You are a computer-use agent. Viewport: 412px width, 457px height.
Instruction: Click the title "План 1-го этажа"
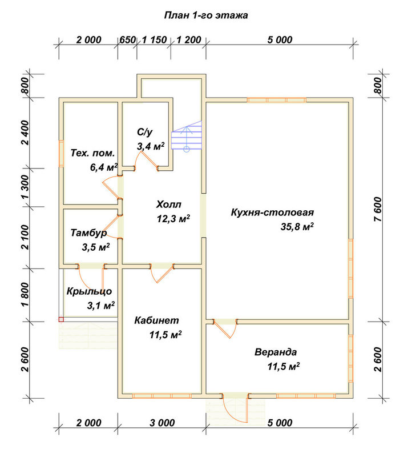[206, 15]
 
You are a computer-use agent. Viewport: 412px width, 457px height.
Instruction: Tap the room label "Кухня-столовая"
[272, 212]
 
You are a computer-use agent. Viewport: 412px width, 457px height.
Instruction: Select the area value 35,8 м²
[297, 226]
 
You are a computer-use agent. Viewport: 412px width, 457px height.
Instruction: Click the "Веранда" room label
[276, 352]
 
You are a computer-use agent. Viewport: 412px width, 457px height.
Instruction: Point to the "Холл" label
[168, 205]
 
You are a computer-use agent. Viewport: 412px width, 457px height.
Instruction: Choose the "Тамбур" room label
[88, 233]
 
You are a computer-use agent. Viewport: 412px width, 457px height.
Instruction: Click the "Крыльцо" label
[89, 291]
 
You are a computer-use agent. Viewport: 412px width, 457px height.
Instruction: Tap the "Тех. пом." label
[92, 153]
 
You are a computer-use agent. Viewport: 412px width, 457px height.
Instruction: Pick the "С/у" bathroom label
[145, 132]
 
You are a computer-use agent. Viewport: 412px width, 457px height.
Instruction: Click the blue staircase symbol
[187, 136]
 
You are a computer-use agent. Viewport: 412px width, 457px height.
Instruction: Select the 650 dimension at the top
[127, 39]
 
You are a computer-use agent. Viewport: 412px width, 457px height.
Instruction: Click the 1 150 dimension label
[154, 39]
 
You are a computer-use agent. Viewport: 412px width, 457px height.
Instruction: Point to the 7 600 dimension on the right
[377, 209]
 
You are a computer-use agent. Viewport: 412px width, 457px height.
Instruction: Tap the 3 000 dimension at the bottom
[162, 423]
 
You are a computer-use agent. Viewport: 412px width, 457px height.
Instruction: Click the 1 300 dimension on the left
[26, 187]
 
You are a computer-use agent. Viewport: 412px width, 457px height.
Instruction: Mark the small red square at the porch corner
[61, 319]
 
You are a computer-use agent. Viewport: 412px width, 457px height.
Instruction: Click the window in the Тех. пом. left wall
[61, 154]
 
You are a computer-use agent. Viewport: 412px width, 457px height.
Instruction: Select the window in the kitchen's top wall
[277, 100]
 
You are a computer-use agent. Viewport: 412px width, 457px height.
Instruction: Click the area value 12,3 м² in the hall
[173, 219]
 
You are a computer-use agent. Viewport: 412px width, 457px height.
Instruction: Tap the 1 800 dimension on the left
[26, 295]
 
